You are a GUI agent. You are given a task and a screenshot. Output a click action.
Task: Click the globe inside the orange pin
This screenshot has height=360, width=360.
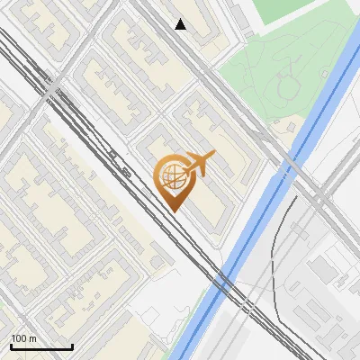(x=172, y=177)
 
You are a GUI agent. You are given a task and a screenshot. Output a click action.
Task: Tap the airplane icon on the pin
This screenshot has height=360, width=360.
(x=199, y=164)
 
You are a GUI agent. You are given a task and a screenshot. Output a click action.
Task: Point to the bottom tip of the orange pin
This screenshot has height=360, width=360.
(x=172, y=211)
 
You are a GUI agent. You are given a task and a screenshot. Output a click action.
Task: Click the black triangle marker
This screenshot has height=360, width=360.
(x=181, y=24)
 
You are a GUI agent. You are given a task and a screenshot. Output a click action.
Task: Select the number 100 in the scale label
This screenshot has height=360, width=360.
(x=19, y=338)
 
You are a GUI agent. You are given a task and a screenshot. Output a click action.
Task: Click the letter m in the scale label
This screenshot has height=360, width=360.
(x=32, y=338)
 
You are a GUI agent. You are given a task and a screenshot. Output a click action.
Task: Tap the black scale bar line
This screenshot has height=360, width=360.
(x=40, y=347)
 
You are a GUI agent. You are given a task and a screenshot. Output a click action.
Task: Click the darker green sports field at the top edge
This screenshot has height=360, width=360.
(x=297, y=11)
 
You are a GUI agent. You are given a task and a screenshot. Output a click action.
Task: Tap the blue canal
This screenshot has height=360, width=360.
(x=252, y=225)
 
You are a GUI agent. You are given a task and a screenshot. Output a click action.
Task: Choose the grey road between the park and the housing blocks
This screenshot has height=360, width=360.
(x=229, y=99)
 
